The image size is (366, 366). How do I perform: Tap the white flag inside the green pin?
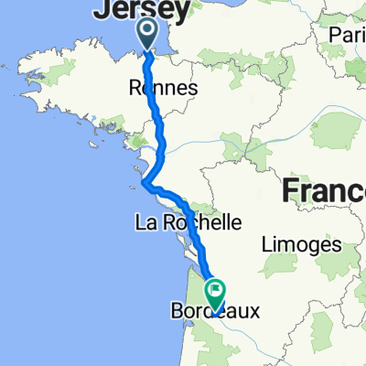click(217, 292)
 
